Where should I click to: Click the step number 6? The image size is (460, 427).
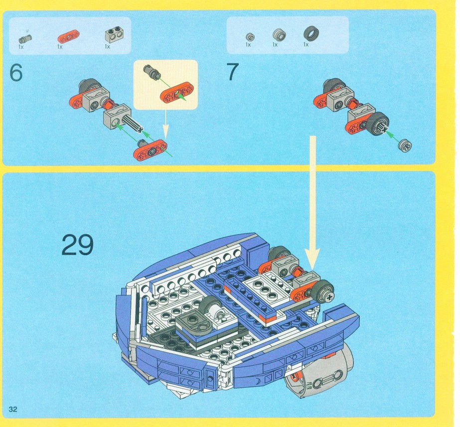pyautogui.click(x=16, y=72)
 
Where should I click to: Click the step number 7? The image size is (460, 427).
pyautogui.click(x=232, y=72)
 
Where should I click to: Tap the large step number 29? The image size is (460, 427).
pyautogui.click(x=77, y=245)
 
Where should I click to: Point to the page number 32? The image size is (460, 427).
pyautogui.click(x=13, y=409)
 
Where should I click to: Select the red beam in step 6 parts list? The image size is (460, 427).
pyautogui.click(x=68, y=37)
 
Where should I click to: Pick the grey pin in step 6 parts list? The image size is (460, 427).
pyautogui.click(x=25, y=39)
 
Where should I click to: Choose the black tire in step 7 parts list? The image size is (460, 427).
pyautogui.click(x=311, y=33)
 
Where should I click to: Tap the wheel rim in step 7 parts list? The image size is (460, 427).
pyautogui.click(x=279, y=35)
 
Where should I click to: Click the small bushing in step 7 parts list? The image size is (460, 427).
pyautogui.click(x=250, y=37)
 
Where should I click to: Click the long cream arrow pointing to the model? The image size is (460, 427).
pyautogui.click(x=313, y=202)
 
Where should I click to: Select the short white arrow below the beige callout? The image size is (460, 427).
pyautogui.click(x=166, y=124)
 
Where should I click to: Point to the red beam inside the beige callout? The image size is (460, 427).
pyautogui.click(x=177, y=92)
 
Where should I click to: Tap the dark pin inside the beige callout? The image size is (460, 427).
pyautogui.click(x=151, y=71)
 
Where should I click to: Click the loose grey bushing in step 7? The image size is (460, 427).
pyautogui.click(x=405, y=145)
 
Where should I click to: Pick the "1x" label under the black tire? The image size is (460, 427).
pyautogui.click(x=306, y=44)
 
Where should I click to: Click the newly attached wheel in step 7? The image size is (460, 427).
pyautogui.click(x=378, y=124)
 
